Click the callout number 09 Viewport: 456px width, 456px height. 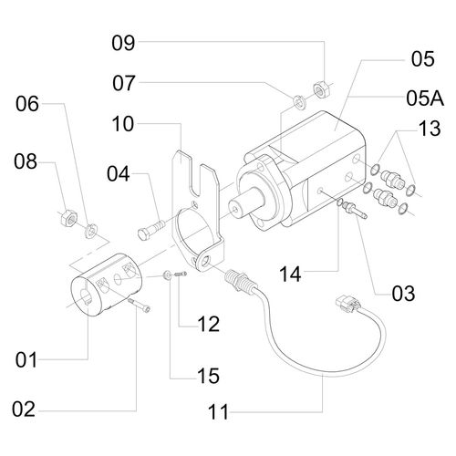tap(122, 42)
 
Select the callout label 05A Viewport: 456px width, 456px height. tap(420, 96)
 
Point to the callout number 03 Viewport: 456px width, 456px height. tap(402, 294)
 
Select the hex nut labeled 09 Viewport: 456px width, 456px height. tap(321, 89)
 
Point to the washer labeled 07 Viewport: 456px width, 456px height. tap(298, 98)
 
